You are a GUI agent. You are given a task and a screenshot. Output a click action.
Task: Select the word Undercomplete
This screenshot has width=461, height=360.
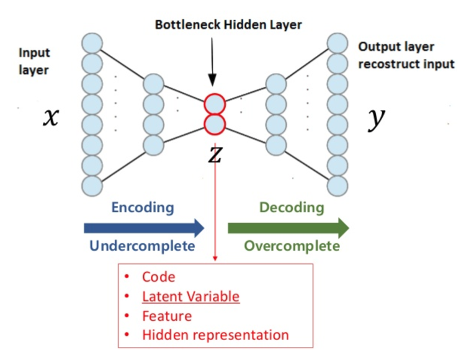click(x=142, y=246)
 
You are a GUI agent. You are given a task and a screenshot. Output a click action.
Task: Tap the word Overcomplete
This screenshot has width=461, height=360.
click(x=292, y=246)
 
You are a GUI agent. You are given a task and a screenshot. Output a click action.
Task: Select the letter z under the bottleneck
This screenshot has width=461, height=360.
click(x=214, y=154)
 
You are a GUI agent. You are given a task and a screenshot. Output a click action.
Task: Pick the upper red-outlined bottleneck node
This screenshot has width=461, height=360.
click(x=214, y=103)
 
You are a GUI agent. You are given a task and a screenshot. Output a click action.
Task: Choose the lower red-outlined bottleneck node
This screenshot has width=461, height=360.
click(x=214, y=124)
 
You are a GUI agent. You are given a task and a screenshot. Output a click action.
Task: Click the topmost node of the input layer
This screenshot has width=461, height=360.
click(x=91, y=43)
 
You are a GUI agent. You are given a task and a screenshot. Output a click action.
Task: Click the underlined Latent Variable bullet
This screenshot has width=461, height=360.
click(x=190, y=297)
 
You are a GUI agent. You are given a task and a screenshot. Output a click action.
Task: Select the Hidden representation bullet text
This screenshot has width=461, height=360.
click(x=215, y=335)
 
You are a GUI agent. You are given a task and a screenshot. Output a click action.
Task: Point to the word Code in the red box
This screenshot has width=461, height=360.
click(x=159, y=277)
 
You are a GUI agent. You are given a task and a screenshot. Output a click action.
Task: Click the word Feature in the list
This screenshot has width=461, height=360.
click(x=166, y=316)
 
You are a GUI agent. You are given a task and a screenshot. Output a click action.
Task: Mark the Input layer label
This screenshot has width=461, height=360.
click(x=34, y=61)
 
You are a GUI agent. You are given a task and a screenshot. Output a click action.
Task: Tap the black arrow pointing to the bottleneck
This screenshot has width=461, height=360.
click(x=212, y=62)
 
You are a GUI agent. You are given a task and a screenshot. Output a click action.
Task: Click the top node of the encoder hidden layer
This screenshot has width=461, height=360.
click(x=153, y=83)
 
